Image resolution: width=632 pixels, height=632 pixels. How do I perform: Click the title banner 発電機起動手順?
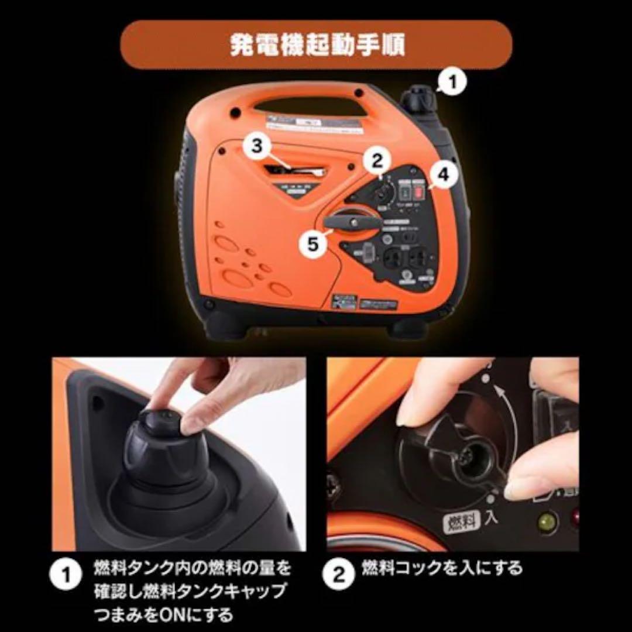pos(316,44)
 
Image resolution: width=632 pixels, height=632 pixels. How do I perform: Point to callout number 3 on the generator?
pos(256,146)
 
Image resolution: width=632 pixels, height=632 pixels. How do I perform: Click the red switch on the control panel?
pos(418,190)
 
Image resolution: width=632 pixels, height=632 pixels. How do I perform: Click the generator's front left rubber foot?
pos(225,324)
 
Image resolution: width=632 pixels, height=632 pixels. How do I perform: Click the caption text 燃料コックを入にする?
pos(441,568)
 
